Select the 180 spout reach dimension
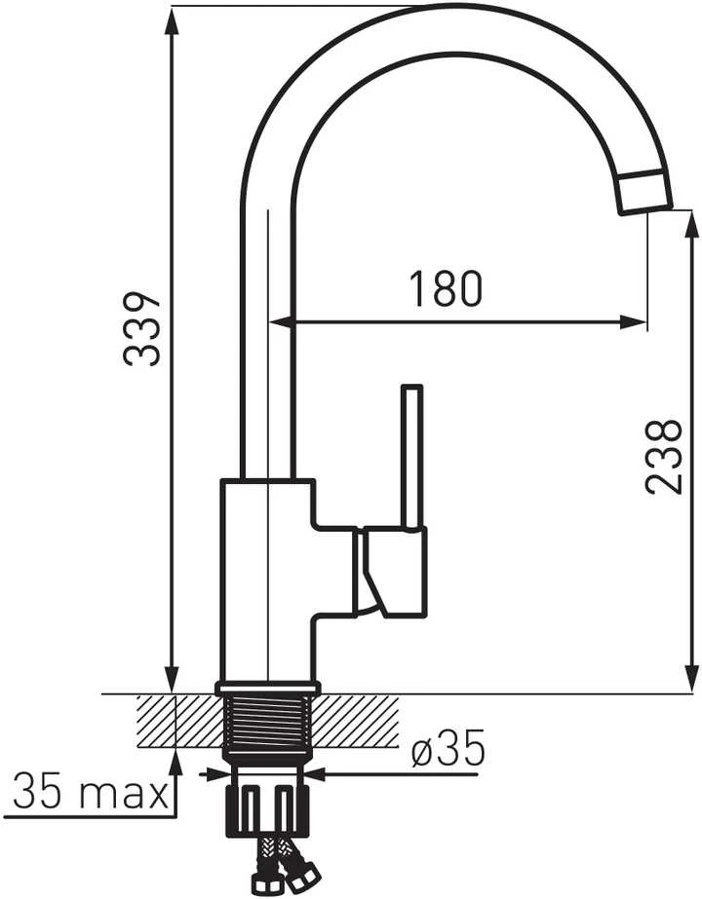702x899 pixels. click(446, 288)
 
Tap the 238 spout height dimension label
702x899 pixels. click(664, 457)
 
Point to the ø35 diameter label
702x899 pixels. click(448, 748)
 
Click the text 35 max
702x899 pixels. click(90, 791)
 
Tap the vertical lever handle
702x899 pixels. click(412, 456)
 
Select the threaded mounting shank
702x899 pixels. click(268, 722)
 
